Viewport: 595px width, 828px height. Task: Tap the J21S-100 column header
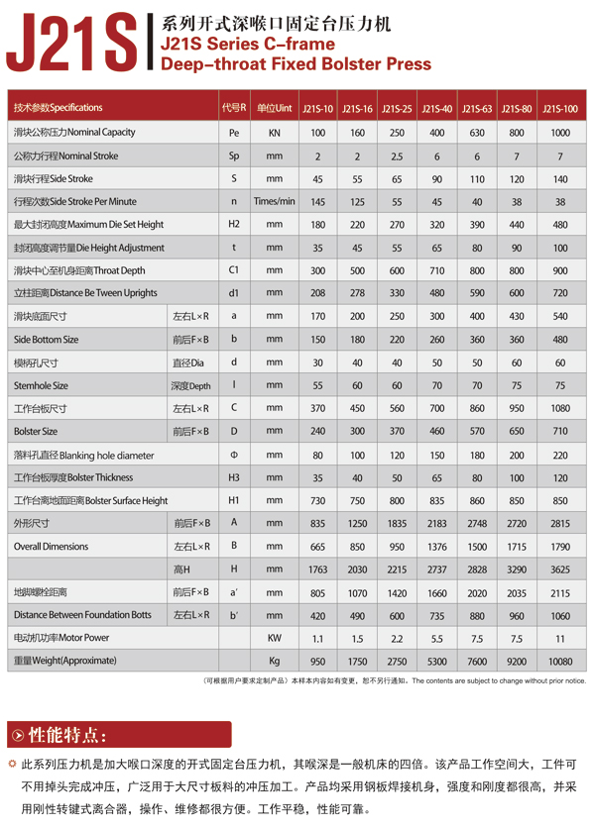(560, 108)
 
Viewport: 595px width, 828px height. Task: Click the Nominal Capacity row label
(74, 132)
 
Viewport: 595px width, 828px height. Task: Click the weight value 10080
(560, 661)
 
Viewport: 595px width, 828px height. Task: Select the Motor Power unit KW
(275, 638)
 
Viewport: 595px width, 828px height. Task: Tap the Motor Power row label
(61, 638)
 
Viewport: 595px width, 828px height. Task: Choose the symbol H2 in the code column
(234, 224)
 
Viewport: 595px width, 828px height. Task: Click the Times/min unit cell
(275, 201)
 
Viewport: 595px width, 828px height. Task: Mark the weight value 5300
(436, 661)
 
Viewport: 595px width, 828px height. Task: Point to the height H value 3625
(560, 569)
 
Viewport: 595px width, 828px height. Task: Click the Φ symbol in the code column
(234, 455)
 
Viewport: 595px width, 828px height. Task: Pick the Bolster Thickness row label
(73, 477)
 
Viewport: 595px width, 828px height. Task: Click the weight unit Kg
(275, 661)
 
